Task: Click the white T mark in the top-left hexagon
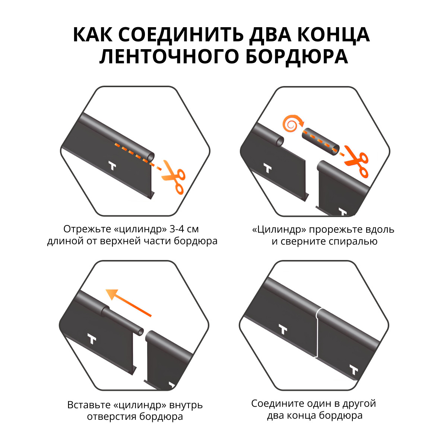pos(112,166)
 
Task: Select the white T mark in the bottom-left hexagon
pos(92,339)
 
